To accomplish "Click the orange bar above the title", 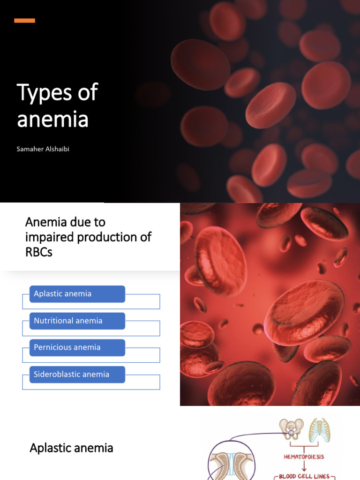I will [24, 21].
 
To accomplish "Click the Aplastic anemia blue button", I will [77, 294].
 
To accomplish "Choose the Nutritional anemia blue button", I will [77, 321].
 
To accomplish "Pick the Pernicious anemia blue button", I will [77, 347].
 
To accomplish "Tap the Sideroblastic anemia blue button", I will [77, 374].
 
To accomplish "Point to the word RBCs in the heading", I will [39, 252].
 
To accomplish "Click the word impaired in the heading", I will [49, 237].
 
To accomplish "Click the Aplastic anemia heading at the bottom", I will [71, 448].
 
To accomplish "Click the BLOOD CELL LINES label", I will [304, 476].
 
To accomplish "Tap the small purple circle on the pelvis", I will [291, 434].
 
